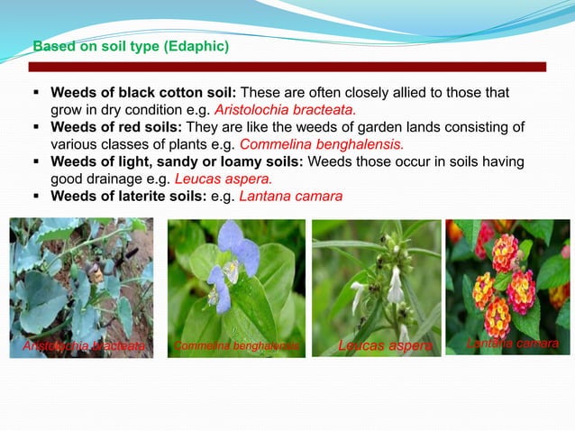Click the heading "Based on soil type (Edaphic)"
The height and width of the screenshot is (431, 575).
[131, 45]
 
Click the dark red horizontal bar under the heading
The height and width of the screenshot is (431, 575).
[287, 67]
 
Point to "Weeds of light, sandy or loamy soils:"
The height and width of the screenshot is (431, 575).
[179, 161]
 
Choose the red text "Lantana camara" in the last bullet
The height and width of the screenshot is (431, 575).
[290, 196]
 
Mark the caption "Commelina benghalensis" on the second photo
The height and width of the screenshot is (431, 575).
[235, 345]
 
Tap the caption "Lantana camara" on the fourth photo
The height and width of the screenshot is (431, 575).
[514, 344]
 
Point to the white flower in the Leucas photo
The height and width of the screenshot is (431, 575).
[394, 287]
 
